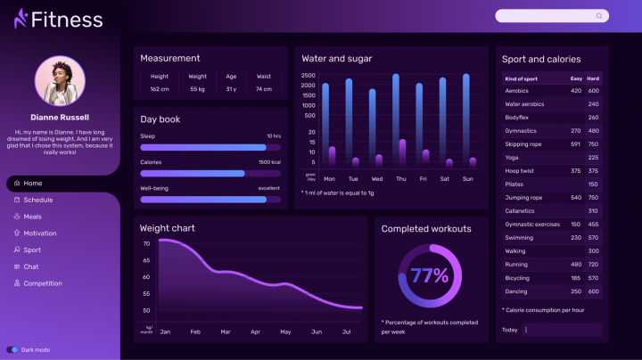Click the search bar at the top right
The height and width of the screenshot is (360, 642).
coord(551,15)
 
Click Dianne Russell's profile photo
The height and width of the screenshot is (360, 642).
coord(60,81)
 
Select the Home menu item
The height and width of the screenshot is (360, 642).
coord(33,183)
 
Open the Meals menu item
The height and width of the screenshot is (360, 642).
coord(32,217)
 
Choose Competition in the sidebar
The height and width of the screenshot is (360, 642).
coord(43,283)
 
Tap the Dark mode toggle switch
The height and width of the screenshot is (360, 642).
coord(12,349)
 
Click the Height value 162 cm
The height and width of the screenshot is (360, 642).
coord(160,89)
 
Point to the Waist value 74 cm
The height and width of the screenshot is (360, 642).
coord(263,89)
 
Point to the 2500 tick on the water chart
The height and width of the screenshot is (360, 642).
coord(308,76)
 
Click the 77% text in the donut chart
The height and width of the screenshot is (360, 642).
coord(429,275)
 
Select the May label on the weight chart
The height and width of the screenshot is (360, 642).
coord(285,331)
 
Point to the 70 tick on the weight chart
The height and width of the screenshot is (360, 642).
coord(145,243)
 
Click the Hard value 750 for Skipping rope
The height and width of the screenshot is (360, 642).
coord(593,143)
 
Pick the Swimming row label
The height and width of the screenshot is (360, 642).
coord(519,237)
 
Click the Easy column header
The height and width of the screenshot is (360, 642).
coord(576,78)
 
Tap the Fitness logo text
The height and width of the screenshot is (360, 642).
coord(66,19)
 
